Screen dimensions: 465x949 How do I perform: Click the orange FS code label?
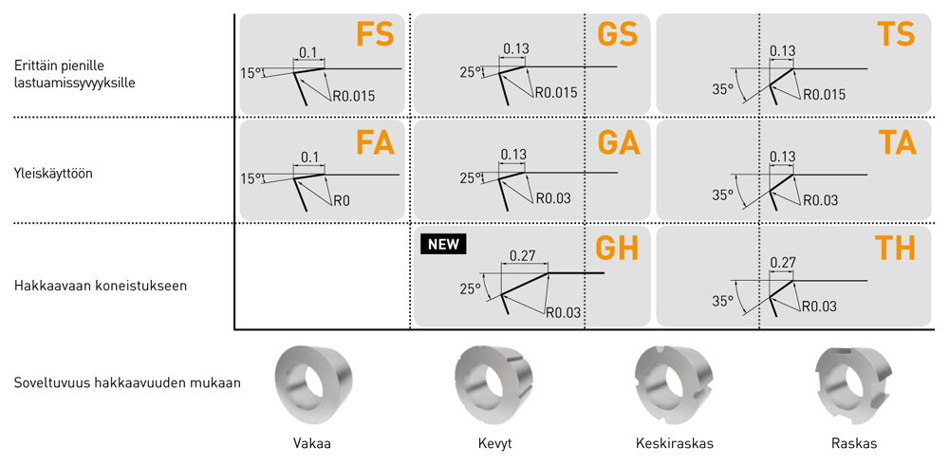374,36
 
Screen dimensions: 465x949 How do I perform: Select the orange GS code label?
618,36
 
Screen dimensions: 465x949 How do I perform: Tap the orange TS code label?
896,36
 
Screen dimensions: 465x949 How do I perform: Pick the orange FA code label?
374,142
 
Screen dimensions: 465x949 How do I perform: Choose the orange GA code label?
618,142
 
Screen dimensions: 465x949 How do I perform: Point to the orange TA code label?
896,142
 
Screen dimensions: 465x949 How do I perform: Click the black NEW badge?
442,244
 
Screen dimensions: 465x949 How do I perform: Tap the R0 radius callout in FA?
342,200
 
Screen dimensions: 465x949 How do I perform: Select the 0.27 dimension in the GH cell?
523,255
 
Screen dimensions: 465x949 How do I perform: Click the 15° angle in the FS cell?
251,71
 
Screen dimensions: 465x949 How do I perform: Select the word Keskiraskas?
674,443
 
